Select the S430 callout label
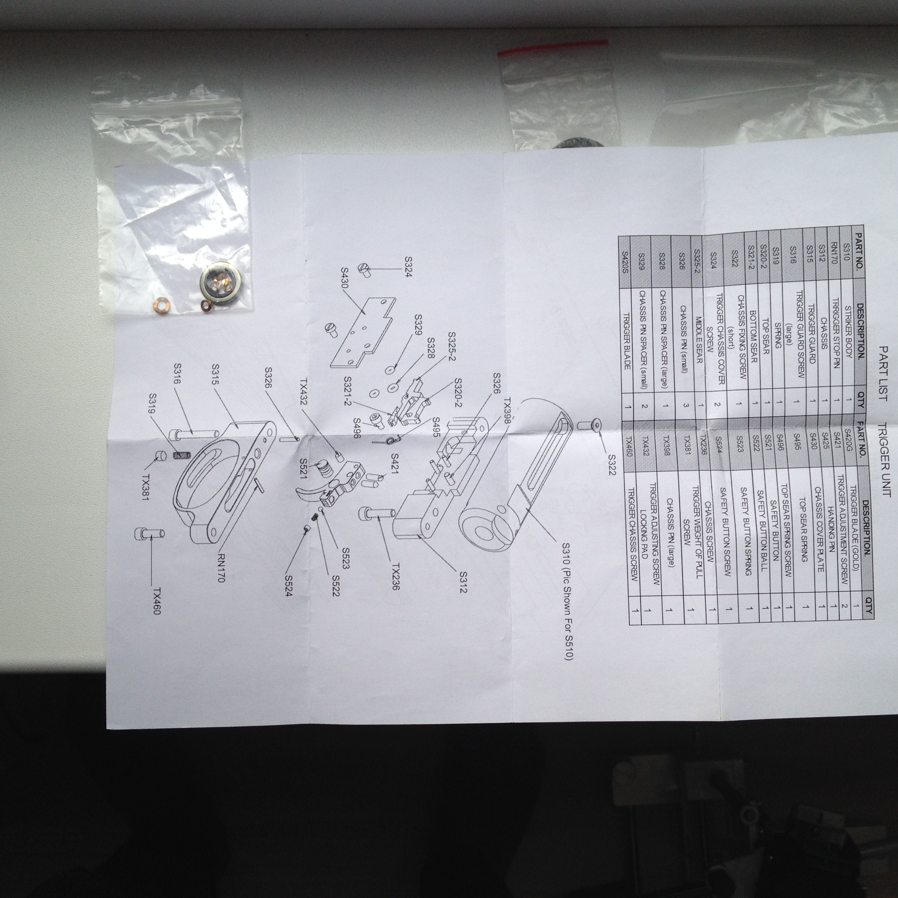(344, 278)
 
